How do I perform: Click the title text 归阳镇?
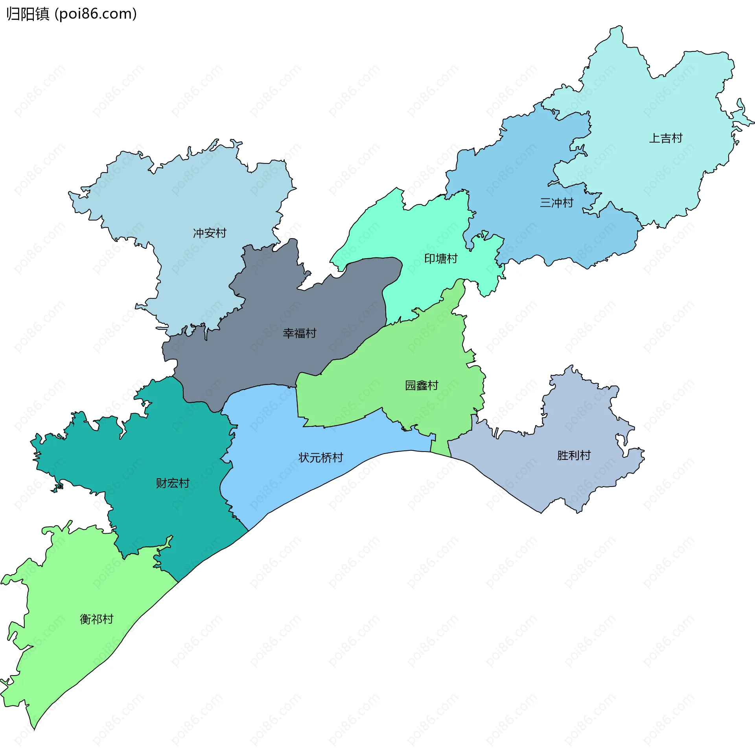pyautogui.click(x=28, y=14)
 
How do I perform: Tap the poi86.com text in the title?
pyautogui.click(x=96, y=14)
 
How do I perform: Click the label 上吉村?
pyautogui.click(x=665, y=138)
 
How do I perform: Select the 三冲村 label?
pyautogui.click(x=556, y=203)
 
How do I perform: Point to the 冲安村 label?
pyautogui.click(x=210, y=233)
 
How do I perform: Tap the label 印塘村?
pyautogui.click(x=441, y=259)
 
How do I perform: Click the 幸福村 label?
pyautogui.click(x=299, y=333)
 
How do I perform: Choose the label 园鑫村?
pyautogui.click(x=422, y=385)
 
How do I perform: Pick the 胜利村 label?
pyautogui.click(x=574, y=455)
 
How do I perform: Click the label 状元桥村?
pyautogui.click(x=320, y=457)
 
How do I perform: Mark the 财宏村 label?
pyautogui.click(x=173, y=483)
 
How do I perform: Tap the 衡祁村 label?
pyautogui.click(x=96, y=619)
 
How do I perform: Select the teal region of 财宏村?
pyautogui.click(x=177, y=440)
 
